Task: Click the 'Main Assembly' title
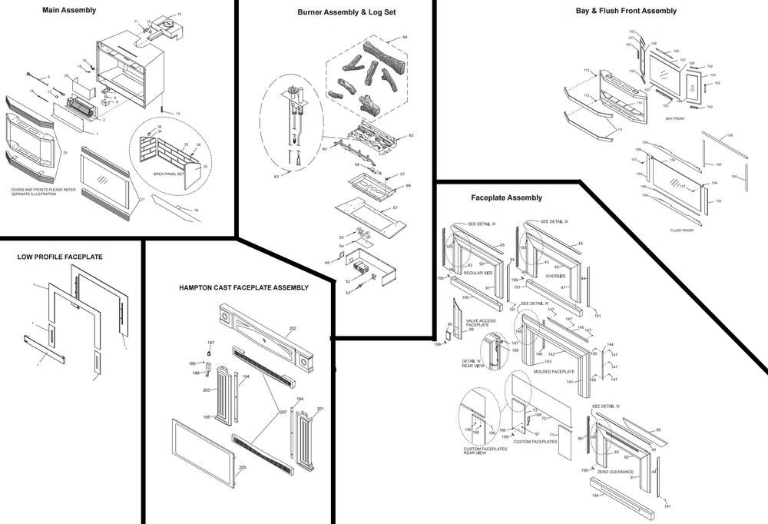coord(70,10)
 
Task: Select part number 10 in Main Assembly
coord(180,15)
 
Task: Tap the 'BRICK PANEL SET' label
coord(170,174)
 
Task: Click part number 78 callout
coord(196,211)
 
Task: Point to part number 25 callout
coord(66,154)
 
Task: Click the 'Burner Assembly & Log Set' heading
coord(347,13)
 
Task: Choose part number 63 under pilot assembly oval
coord(276,177)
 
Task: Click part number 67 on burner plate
coord(396,207)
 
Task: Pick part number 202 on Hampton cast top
coord(292,329)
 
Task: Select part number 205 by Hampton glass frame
coord(243,468)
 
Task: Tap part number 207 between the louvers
coord(283,413)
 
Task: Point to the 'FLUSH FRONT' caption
coord(681,230)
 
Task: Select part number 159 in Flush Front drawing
coord(729,136)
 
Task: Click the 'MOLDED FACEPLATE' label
coord(553,372)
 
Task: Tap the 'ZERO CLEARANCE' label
coord(615,472)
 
